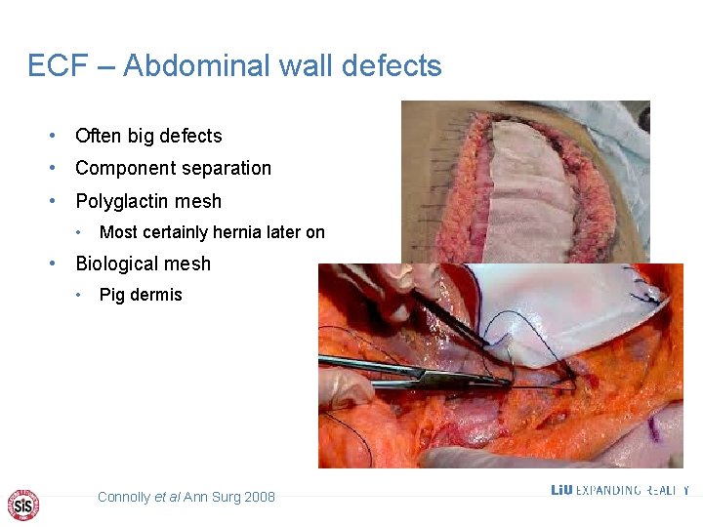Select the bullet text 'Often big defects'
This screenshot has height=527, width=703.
point(148,136)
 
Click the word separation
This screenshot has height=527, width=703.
point(228,168)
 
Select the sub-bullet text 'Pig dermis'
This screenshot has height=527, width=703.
point(141,295)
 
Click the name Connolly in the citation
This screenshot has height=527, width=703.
point(124,497)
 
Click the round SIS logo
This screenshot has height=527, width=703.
point(23,504)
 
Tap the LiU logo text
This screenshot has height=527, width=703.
point(561,490)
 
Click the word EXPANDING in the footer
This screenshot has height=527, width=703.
point(607,490)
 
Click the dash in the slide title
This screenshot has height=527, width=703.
point(107,66)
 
